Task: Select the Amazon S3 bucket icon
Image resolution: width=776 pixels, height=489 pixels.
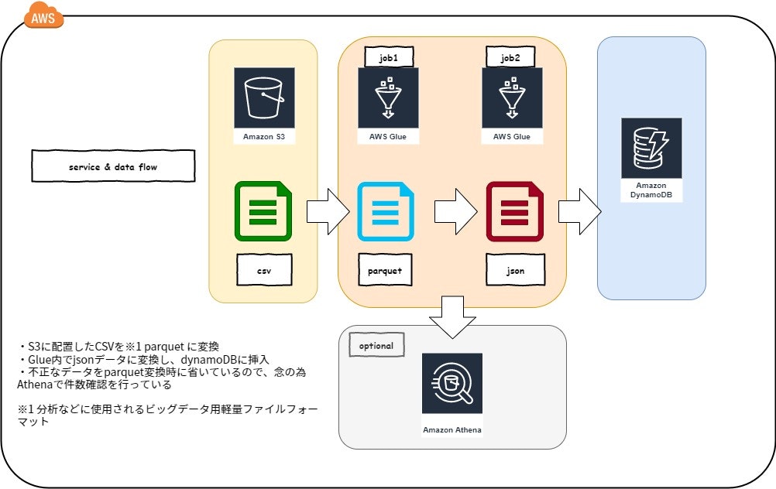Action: click(263, 97)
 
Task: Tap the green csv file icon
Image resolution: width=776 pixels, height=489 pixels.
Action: click(263, 210)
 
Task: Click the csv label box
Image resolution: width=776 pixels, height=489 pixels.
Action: click(263, 270)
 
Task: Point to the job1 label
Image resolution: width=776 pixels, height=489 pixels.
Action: click(388, 56)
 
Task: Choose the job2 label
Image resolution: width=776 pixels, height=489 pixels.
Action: click(511, 56)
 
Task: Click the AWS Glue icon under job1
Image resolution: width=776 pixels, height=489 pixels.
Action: click(388, 97)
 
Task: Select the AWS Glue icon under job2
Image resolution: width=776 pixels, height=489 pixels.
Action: click(511, 97)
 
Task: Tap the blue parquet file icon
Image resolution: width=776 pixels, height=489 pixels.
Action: click(385, 210)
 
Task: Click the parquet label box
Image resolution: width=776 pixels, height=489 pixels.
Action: click(385, 270)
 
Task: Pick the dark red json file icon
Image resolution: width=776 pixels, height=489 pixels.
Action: click(513, 210)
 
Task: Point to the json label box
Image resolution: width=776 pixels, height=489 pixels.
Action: click(514, 270)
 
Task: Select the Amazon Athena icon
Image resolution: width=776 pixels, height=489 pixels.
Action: click(452, 384)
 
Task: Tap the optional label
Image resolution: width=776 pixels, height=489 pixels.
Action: click(376, 346)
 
